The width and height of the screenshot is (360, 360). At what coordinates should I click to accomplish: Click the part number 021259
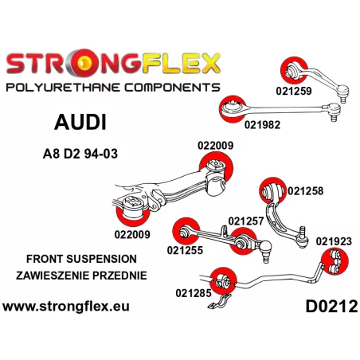click(x=294, y=91)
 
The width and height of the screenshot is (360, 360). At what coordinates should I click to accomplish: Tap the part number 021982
click(x=262, y=124)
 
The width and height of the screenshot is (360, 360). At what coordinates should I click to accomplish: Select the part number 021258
click(x=306, y=191)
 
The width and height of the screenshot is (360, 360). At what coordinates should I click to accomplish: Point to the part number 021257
click(x=246, y=221)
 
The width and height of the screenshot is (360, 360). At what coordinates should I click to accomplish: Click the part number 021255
click(x=185, y=250)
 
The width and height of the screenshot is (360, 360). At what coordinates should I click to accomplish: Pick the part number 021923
click(x=334, y=241)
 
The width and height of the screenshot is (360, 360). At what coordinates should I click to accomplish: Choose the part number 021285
click(x=194, y=293)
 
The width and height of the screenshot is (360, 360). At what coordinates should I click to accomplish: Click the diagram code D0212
click(x=331, y=307)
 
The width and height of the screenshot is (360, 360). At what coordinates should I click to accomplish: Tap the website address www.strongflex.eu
click(x=66, y=307)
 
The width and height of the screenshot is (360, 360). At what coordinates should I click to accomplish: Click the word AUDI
click(x=80, y=123)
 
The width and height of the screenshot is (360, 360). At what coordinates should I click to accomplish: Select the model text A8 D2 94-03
click(x=80, y=154)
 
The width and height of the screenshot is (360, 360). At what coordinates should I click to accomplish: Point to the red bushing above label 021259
click(x=294, y=70)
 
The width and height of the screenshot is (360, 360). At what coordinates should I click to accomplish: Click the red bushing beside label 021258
click(x=272, y=191)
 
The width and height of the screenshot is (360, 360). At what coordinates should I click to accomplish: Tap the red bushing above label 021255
click(x=186, y=232)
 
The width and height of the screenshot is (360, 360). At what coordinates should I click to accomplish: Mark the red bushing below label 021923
click(x=335, y=261)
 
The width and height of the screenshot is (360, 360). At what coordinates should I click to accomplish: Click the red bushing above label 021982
click(x=233, y=109)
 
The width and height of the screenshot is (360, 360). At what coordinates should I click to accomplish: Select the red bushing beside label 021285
click(x=223, y=281)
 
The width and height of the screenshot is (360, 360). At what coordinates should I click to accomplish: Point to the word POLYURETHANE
click(x=64, y=88)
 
